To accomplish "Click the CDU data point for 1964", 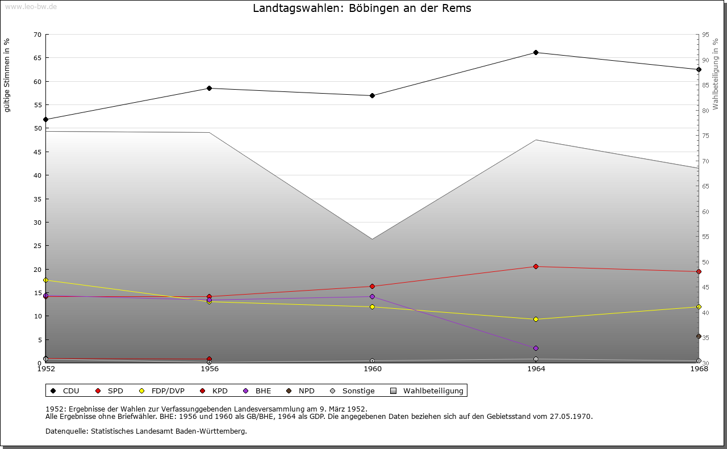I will pyautogui.click(x=536, y=53).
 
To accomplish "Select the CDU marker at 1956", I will pyautogui.click(x=210, y=89).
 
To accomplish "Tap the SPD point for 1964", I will pyautogui.click(x=536, y=267).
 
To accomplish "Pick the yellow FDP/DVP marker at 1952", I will pyautogui.click(x=46, y=280).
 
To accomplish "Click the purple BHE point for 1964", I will pyautogui.click(x=536, y=349).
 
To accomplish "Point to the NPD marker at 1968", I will pyautogui.click(x=699, y=336).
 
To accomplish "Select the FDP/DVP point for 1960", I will pyautogui.click(x=373, y=307).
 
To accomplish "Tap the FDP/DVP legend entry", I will pyautogui.click(x=164, y=391).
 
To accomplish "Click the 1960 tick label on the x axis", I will pyautogui.click(x=373, y=369).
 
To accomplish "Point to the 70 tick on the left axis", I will pyautogui.click(x=37, y=35).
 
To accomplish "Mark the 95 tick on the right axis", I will pyautogui.click(x=705, y=35).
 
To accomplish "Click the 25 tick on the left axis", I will pyautogui.click(x=37, y=246).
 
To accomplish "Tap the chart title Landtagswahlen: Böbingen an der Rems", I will pyautogui.click(x=362, y=9).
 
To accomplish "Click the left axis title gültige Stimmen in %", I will pyautogui.click(x=7, y=75).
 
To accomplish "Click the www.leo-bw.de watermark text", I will pyautogui.click(x=31, y=6).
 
